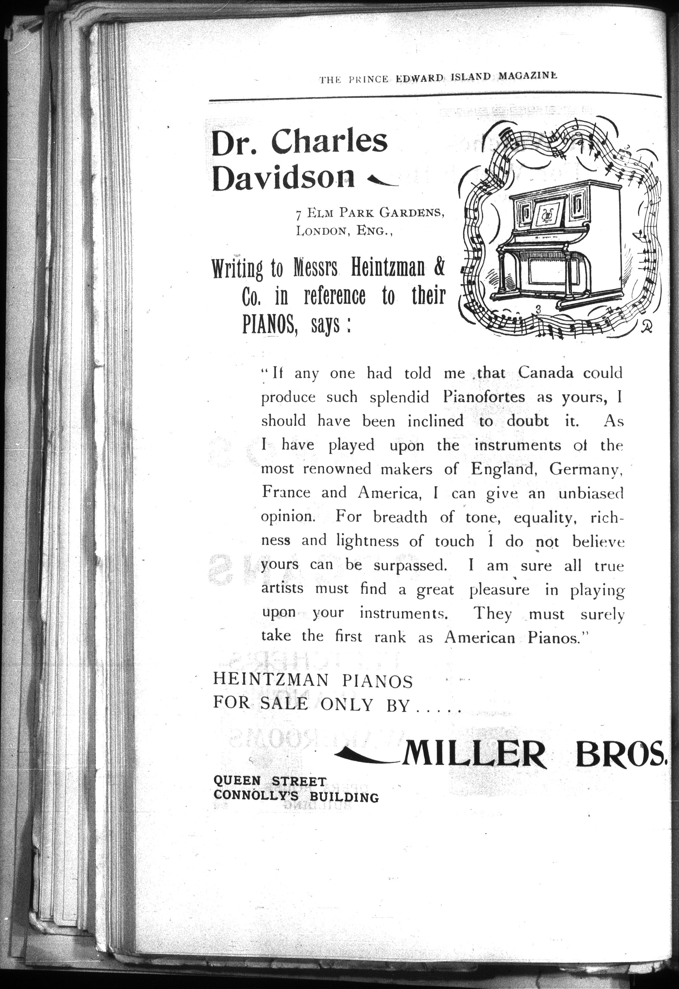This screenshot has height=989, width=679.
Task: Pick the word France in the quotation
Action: [286, 493]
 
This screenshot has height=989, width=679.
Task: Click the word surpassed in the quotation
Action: [410, 565]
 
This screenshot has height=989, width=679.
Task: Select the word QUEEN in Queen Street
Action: [237, 781]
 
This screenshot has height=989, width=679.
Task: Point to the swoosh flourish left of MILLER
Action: [366, 755]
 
